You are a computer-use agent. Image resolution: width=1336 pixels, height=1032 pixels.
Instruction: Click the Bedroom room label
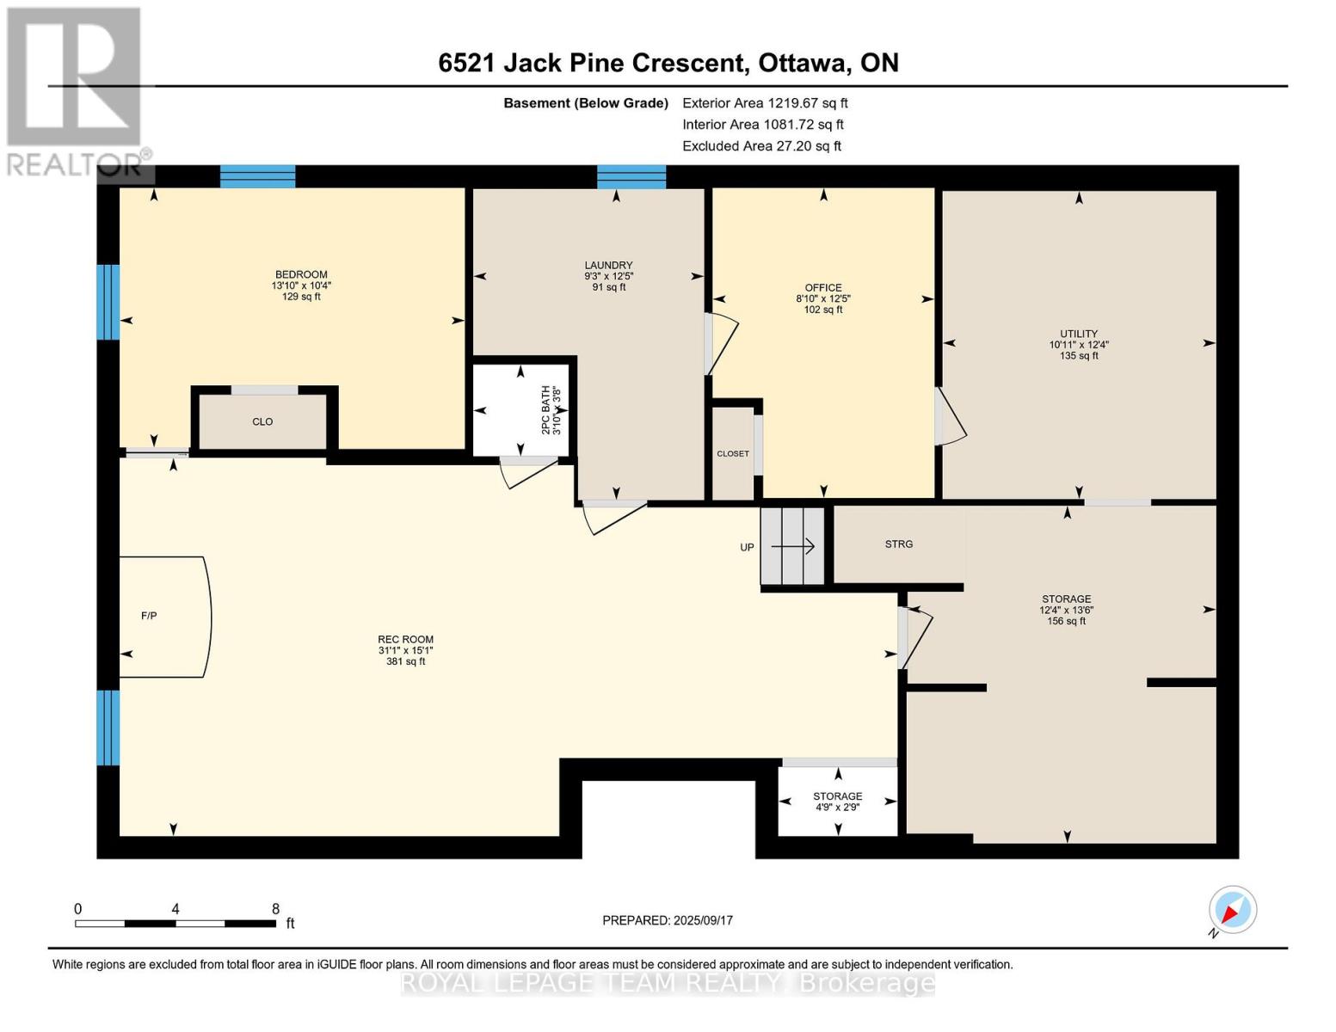pyautogui.click(x=301, y=275)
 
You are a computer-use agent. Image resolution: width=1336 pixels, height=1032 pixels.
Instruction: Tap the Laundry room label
pyautogui.click(x=608, y=266)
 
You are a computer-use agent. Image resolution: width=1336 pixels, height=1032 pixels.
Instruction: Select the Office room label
pyautogui.click(x=823, y=288)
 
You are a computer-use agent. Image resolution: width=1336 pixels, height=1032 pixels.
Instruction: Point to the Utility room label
pyautogui.click(x=1078, y=335)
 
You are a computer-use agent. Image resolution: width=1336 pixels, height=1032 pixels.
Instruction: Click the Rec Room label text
pyautogui.click(x=405, y=640)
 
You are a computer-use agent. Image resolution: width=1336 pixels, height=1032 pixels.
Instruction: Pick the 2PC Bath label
pyautogui.click(x=545, y=410)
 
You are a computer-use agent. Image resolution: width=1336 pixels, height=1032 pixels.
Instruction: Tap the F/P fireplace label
pyautogui.click(x=149, y=616)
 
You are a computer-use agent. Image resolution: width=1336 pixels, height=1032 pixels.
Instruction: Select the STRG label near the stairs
pyautogui.click(x=898, y=544)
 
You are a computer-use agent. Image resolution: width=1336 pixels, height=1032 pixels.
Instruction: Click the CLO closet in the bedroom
pyautogui.click(x=262, y=421)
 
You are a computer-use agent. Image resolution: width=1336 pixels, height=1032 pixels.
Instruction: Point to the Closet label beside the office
pyautogui.click(x=733, y=454)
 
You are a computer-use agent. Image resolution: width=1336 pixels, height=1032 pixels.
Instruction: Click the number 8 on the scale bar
pyautogui.click(x=275, y=909)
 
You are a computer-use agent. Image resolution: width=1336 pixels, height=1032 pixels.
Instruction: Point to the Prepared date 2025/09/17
pyautogui.click(x=668, y=920)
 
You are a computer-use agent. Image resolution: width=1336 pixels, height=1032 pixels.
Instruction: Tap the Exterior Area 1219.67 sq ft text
pyautogui.click(x=765, y=103)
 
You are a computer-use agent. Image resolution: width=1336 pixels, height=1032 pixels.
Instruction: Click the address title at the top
pyautogui.click(x=668, y=63)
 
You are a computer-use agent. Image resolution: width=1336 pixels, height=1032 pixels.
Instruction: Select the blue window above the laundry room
pyautogui.click(x=631, y=176)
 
